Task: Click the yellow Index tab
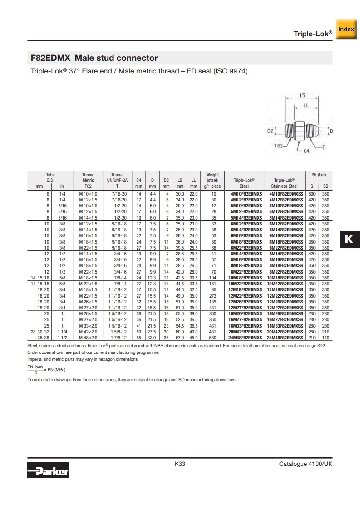346,29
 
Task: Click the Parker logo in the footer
48,470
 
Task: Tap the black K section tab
350,240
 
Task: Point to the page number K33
180,464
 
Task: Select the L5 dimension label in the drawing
302,95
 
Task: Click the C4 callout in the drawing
306,151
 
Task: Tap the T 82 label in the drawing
278,146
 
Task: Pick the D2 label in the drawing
270,131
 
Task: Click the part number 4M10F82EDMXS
247,194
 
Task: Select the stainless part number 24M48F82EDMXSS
285,338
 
